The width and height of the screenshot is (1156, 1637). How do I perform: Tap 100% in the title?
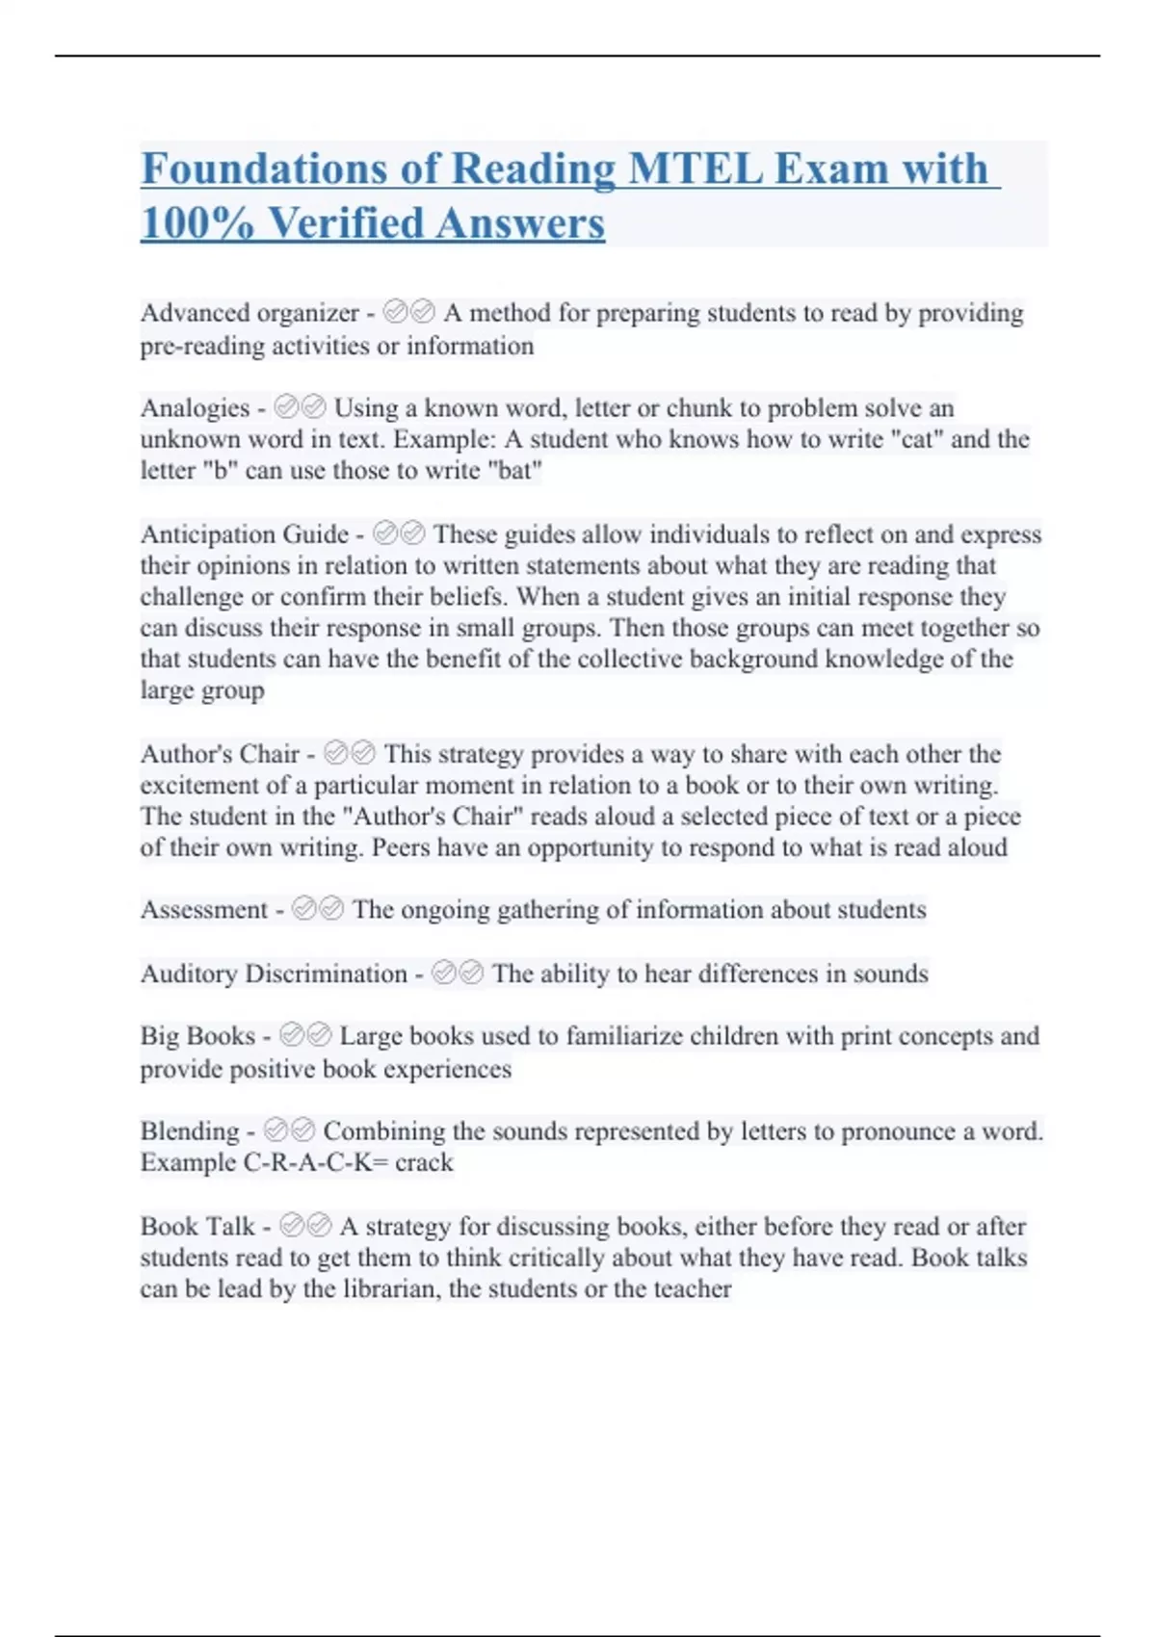coord(197,223)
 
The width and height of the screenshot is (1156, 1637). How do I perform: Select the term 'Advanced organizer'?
coord(250,313)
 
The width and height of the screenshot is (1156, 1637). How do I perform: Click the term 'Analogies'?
coord(195,407)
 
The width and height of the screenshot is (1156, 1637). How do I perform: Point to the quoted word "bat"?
coord(516,471)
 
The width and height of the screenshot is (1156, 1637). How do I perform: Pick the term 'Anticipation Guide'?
coord(244,534)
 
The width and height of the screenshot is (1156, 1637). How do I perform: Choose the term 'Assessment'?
coord(203,910)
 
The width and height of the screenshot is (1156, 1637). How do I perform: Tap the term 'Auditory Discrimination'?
coord(274,974)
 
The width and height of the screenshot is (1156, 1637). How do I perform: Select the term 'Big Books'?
coord(197,1036)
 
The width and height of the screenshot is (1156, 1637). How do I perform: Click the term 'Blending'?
coord(189,1130)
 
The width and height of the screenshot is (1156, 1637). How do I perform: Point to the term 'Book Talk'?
coord(197,1226)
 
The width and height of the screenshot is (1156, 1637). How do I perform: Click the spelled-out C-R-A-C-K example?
coord(307,1162)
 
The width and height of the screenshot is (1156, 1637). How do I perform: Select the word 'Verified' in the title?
coord(345,223)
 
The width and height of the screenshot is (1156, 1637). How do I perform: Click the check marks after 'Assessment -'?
coord(318,909)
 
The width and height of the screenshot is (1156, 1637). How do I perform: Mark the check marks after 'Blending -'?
coord(289,1130)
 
